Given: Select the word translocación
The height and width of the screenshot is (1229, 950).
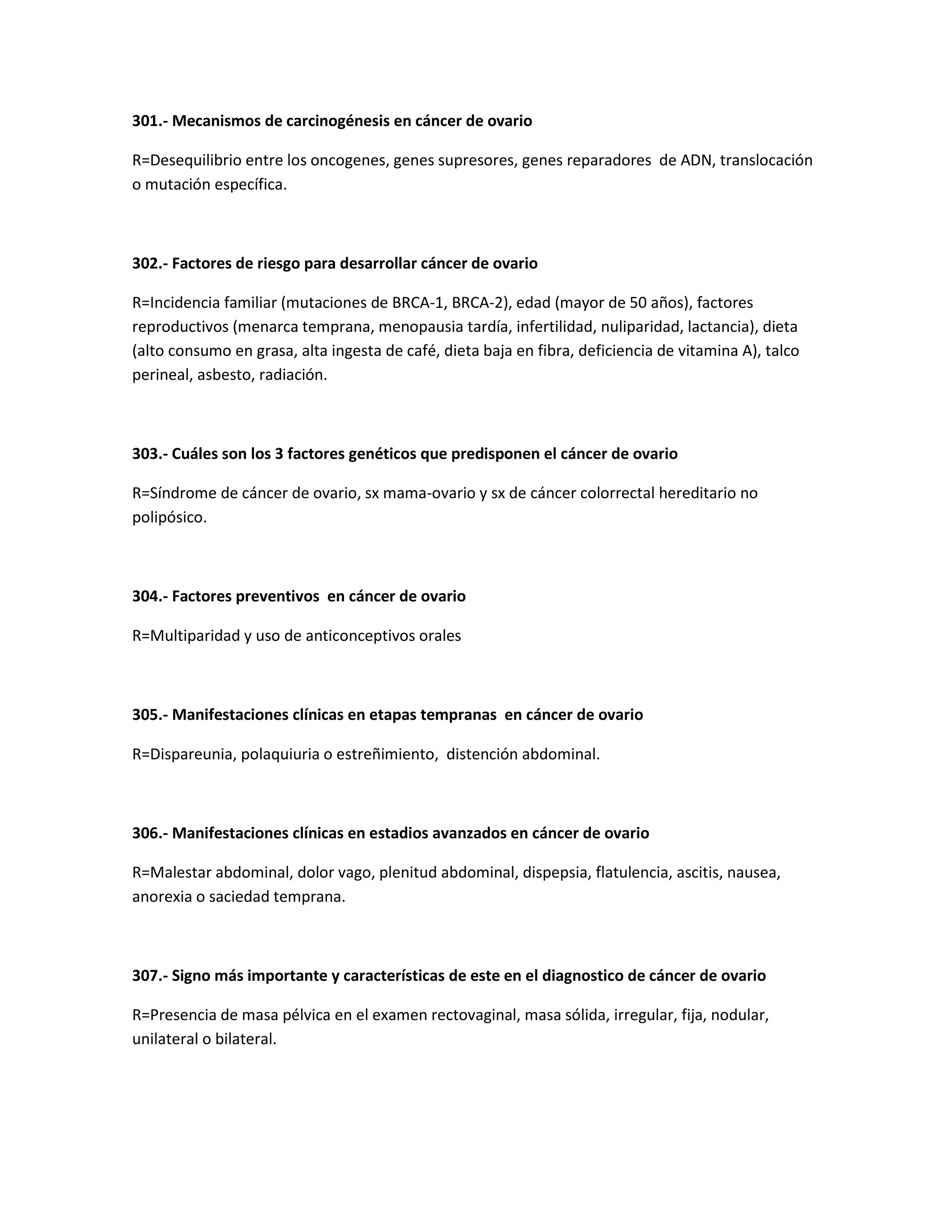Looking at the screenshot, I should click(x=766, y=160).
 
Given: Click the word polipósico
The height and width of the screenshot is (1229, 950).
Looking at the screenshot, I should click(x=169, y=518).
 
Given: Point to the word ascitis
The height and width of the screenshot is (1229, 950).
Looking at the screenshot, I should click(x=699, y=873).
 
